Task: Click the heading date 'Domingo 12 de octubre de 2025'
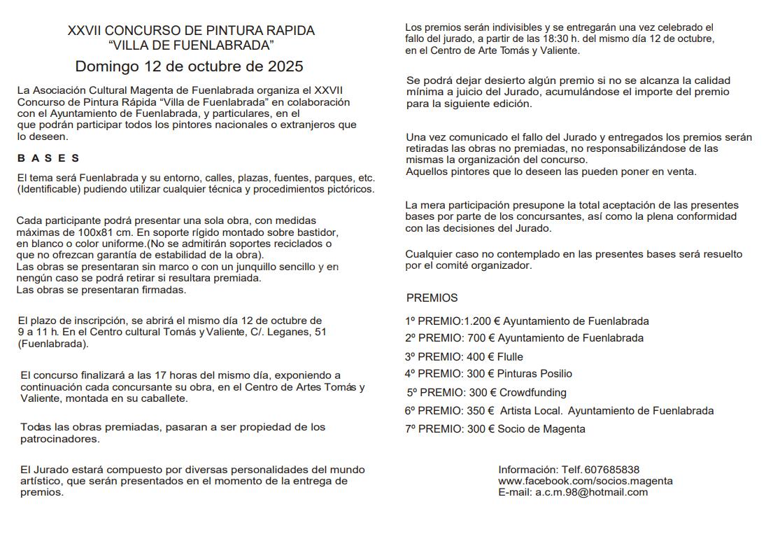click(189, 66)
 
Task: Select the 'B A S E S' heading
click(48, 158)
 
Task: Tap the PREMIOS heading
click(432, 297)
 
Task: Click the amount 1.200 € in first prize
click(482, 321)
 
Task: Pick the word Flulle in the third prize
click(510, 357)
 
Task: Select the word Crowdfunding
click(533, 393)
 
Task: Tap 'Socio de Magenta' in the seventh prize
click(541, 429)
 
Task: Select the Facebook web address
click(586, 481)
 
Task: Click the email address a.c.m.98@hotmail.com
click(592, 492)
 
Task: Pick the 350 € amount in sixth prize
click(480, 411)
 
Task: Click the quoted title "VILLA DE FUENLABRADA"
click(191, 45)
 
